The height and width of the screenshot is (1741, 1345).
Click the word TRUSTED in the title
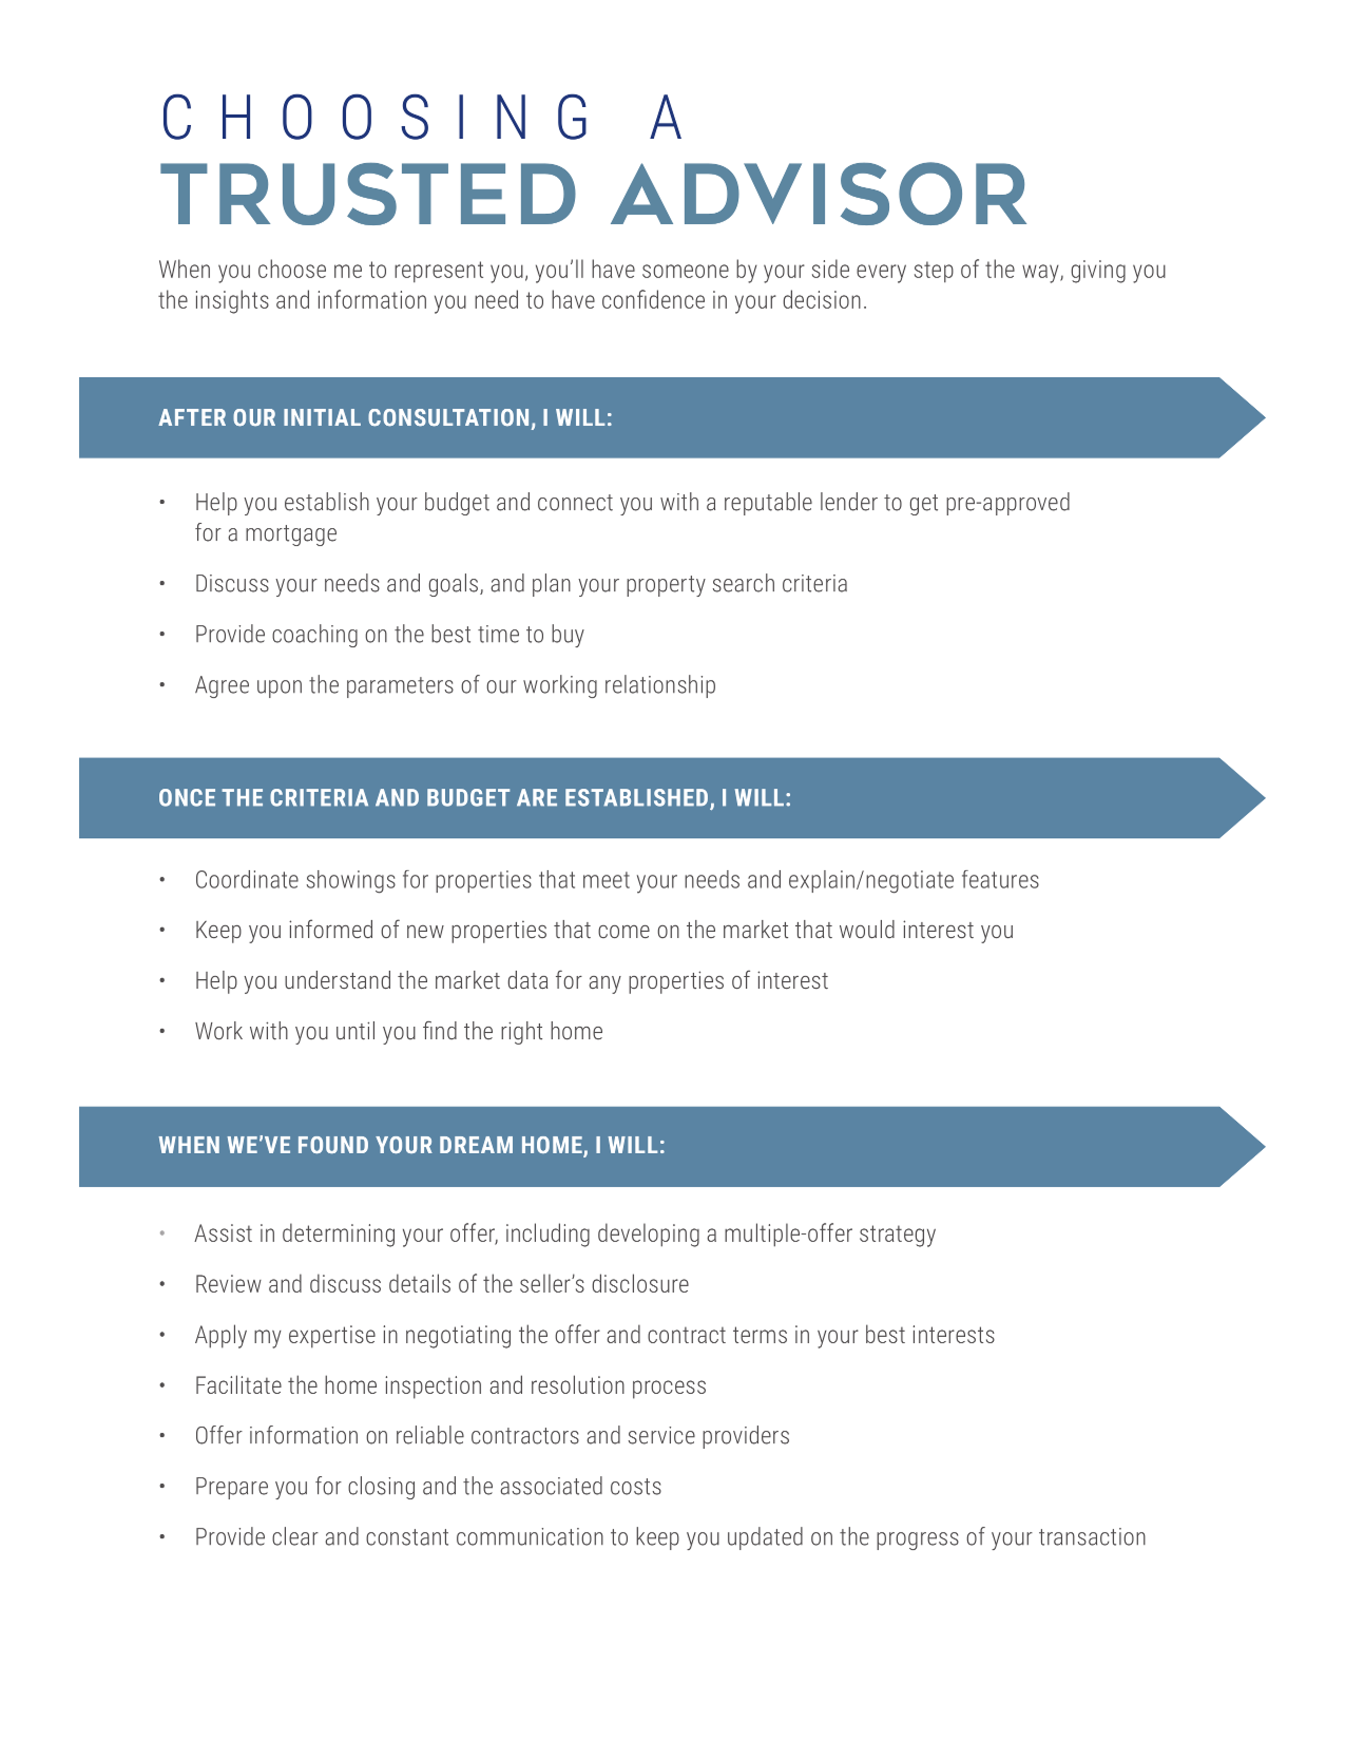pos(368,195)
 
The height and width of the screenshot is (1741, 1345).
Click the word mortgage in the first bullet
pos(291,533)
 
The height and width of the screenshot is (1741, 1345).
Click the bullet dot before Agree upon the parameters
pos(162,685)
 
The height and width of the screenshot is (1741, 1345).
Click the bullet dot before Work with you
pos(162,1031)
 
